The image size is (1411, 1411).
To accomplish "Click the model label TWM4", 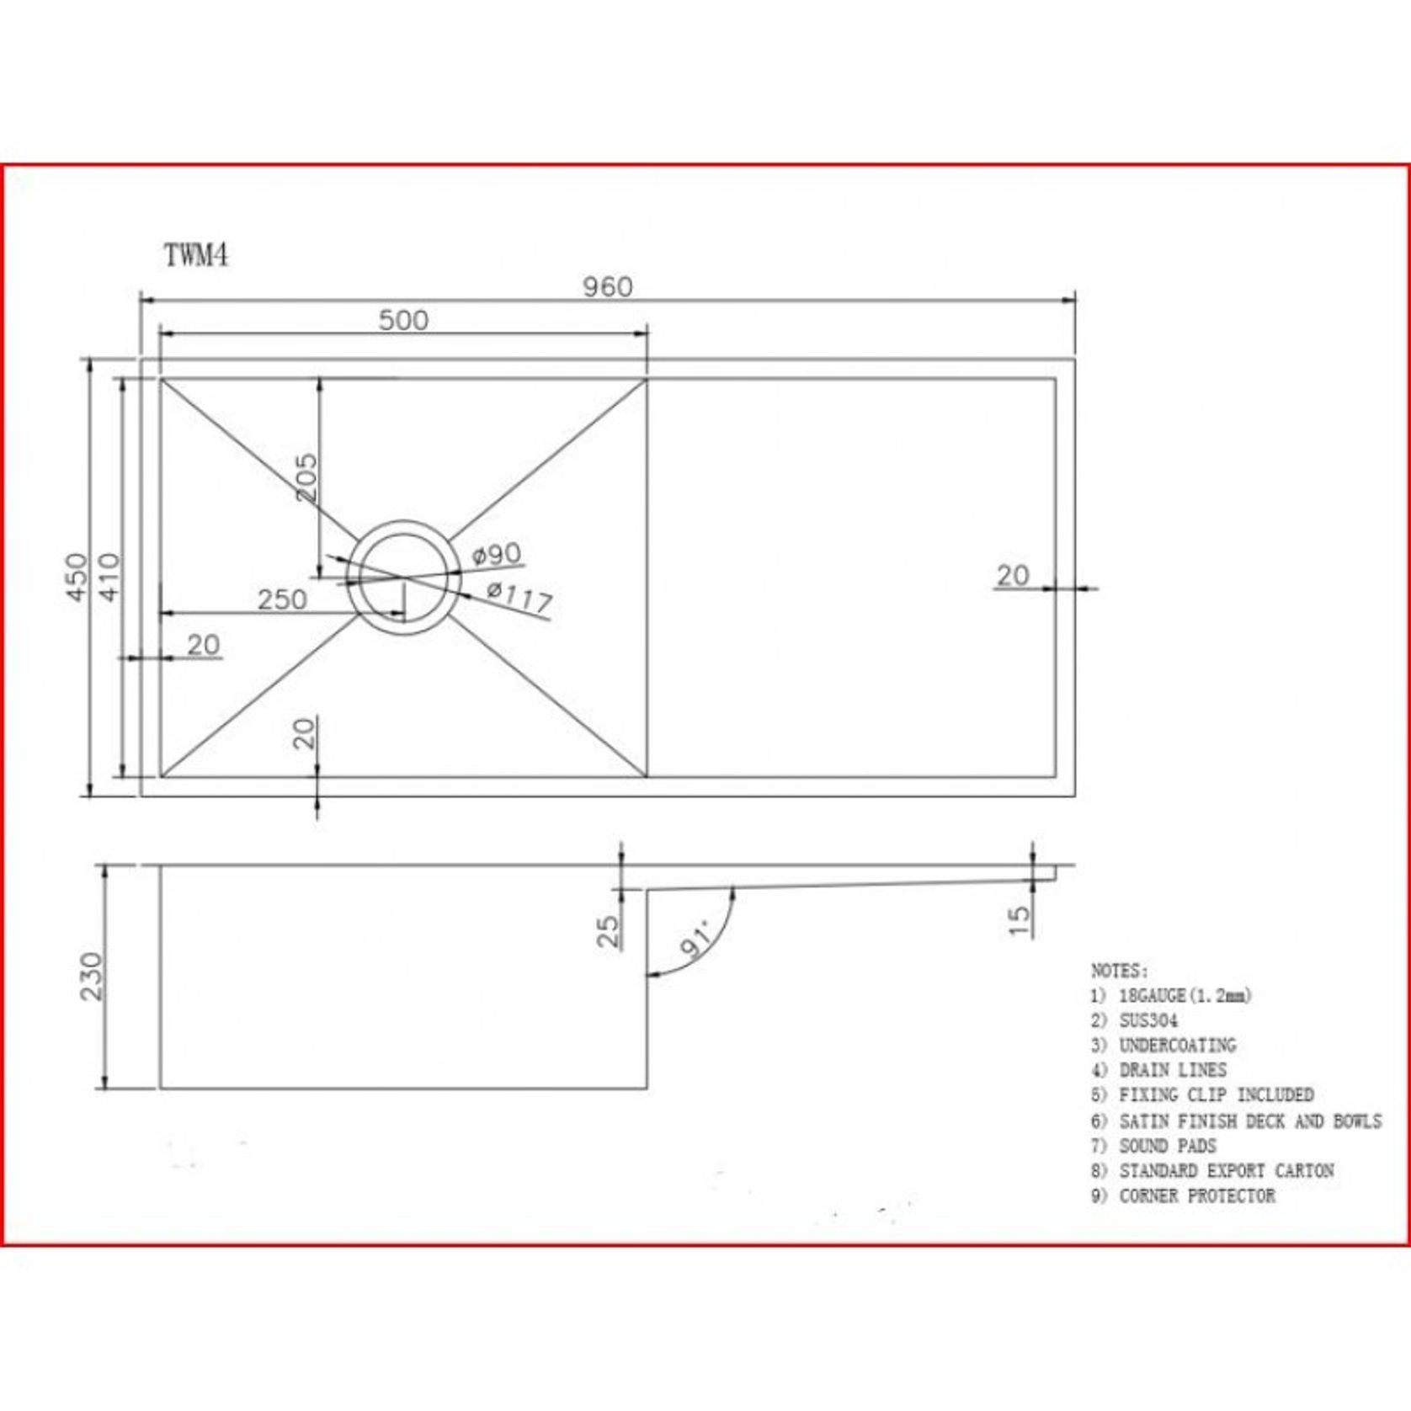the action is pyautogui.click(x=196, y=255).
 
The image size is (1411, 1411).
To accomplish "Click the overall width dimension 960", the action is pyautogui.click(x=608, y=288).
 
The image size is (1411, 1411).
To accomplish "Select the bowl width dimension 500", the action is pyautogui.click(x=403, y=321).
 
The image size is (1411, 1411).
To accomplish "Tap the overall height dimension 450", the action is pyautogui.click(x=77, y=577).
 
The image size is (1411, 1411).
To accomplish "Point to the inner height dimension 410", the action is pyautogui.click(x=110, y=577).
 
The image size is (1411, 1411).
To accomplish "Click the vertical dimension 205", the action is pyautogui.click(x=307, y=478).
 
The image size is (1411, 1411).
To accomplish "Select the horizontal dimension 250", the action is pyautogui.click(x=282, y=600).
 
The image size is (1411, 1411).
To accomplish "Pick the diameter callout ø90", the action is pyautogui.click(x=497, y=555).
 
